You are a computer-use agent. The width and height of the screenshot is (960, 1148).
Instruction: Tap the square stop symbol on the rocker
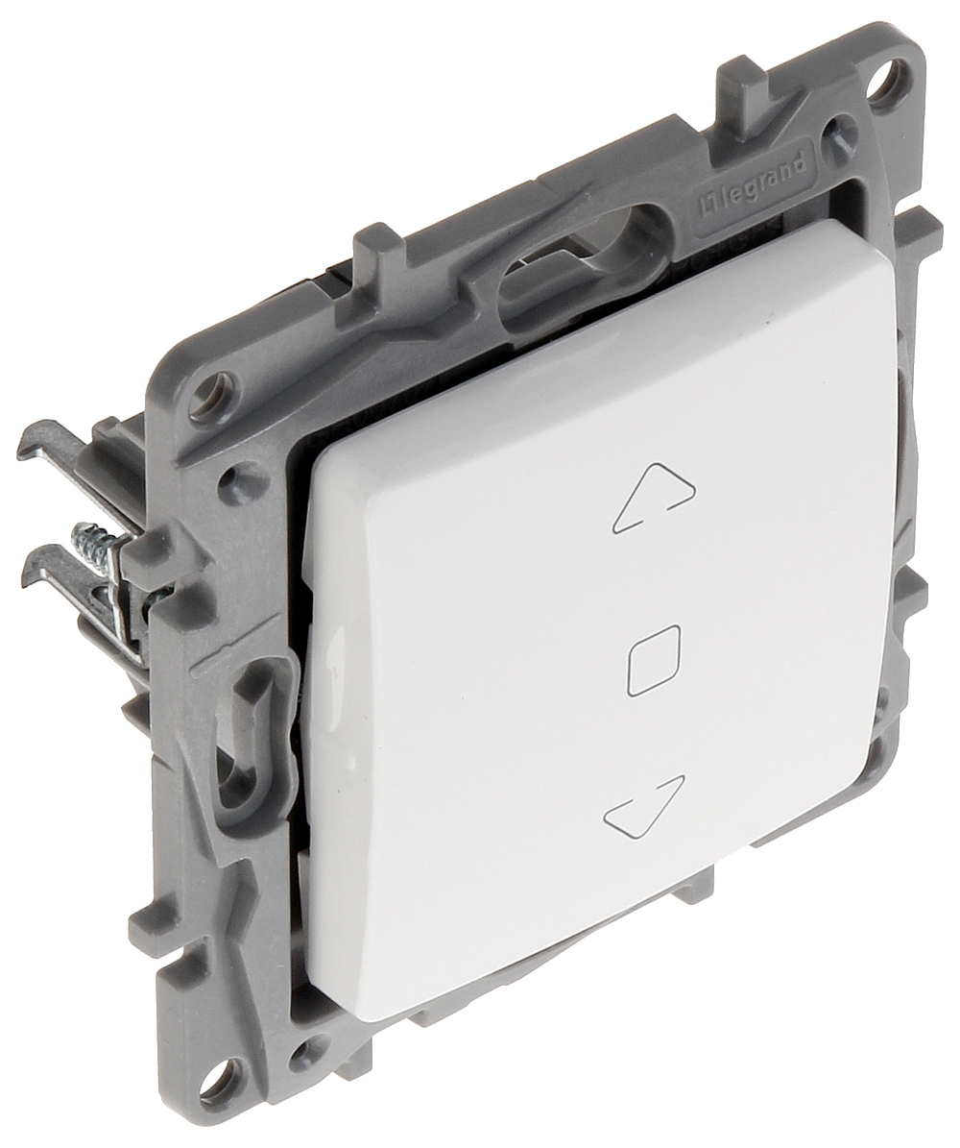[x=654, y=660]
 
